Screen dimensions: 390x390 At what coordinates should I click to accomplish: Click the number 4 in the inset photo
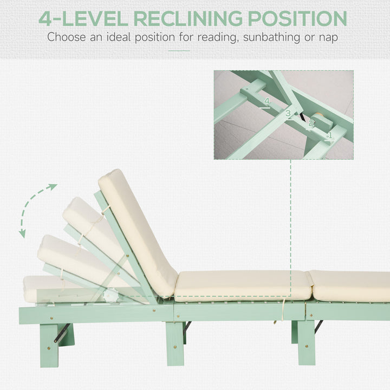click(x=266, y=101)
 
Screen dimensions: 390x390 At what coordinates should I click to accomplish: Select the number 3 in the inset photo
click(x=288, y=113)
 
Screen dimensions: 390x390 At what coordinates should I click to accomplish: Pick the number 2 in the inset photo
click(x=311, y=123)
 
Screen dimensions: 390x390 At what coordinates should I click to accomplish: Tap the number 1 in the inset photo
click(x=330, y=135)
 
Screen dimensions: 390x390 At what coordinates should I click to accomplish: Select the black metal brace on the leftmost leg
click(x=62, y=333)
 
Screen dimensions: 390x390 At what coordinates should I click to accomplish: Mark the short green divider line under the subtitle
click(x=179, y=51)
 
